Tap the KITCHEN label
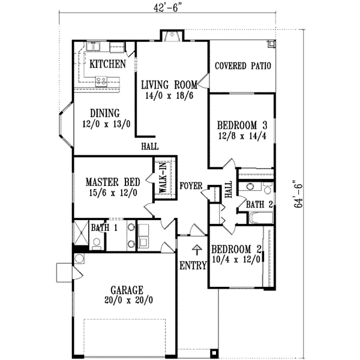[x=107, y=64]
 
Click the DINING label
[x=105, y=113]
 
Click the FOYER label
[x=191, y=186]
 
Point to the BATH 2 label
[x=260, y=205]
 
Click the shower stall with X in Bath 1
[x=81, y=231]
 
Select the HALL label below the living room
[x=149, y=146]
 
